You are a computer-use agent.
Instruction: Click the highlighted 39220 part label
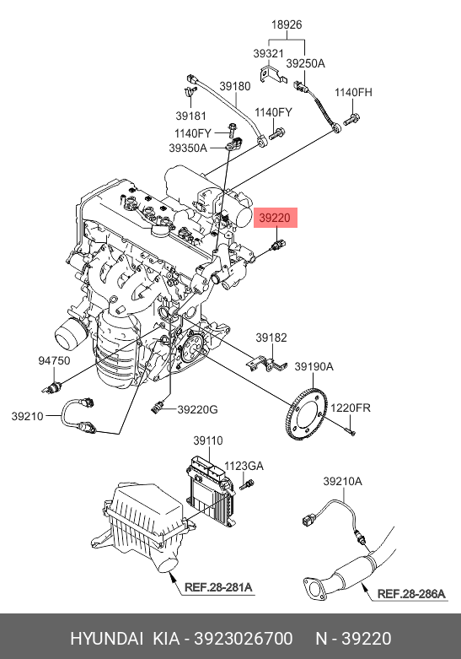[276, 218]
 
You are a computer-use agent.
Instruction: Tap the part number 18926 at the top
[287, 24]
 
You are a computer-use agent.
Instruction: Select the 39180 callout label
[234, 86]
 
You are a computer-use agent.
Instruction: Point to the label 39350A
[188, 148]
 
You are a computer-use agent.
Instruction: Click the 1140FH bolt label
[353, 92]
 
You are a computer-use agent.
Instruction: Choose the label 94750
[54, 360]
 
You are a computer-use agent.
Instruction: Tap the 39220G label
[197, 409]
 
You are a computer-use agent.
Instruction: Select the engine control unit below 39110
[211, 489]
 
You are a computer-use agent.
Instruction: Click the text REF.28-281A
[218, 586]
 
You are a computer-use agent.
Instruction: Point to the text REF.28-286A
[411, 593]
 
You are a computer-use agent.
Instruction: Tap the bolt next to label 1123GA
[247, 484]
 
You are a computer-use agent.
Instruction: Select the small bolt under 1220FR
[350, 431]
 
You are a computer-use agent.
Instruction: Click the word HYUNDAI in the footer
[107, 639]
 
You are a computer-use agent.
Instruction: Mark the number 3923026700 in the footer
[243, 639]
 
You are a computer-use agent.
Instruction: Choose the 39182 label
[271, 338]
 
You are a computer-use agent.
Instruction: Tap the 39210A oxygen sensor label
[342, 481]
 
